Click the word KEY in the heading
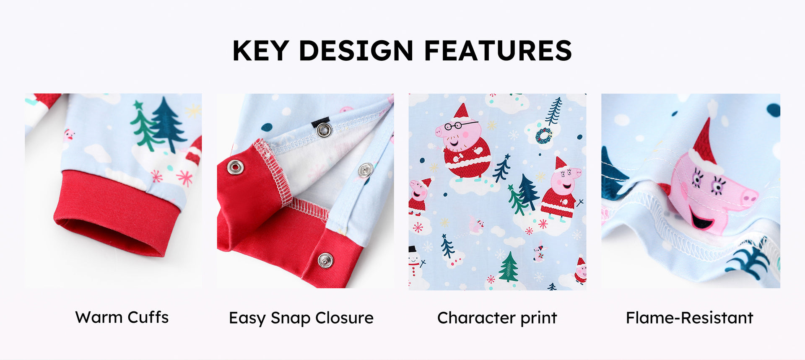point(260,51)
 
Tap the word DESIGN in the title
point(356,51)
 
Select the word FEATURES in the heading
point(498,51)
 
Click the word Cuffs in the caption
point(148,317)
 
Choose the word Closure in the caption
point(344,318)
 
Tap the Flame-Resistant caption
point(690,318)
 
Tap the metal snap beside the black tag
point(324,130)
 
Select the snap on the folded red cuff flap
point(235,168)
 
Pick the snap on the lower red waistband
point(325,260)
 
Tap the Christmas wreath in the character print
point(544,136)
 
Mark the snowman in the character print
point(415,262)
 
